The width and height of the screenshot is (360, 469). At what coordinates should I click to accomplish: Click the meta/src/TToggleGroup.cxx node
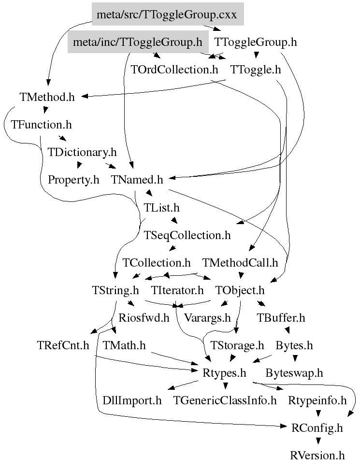coord(167,14)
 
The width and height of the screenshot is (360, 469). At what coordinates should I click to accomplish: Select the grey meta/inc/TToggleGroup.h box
coord(137,43)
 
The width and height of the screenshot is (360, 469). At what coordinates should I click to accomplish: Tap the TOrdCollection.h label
coord(174,70)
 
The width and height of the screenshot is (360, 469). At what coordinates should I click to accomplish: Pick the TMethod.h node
coord(47,97)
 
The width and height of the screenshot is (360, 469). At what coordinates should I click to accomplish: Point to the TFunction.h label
coord(41,125)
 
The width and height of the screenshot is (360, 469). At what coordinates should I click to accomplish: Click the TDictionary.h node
coord(82,152)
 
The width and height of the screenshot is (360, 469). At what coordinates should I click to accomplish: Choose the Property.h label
coord(73,180)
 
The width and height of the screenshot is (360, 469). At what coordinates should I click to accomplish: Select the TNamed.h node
coord(137,180)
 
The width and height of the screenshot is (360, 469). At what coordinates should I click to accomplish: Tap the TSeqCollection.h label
coord(187,235)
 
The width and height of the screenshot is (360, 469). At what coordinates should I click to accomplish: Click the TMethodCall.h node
coord(240,263)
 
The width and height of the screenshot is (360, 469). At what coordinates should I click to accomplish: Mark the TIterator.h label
coord(177,291)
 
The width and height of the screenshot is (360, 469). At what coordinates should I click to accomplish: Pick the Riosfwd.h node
coord(144,318)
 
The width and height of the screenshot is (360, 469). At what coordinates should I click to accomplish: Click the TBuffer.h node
coord(281,318)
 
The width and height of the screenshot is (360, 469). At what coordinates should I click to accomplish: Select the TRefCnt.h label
coord(63,346)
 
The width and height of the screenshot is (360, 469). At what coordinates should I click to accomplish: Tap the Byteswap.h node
coord(294,373)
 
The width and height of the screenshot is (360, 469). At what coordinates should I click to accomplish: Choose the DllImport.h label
coord(132,401)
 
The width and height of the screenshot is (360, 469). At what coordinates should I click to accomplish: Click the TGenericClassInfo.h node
coord(225,401)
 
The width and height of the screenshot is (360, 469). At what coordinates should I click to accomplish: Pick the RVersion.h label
coord(317,455)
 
